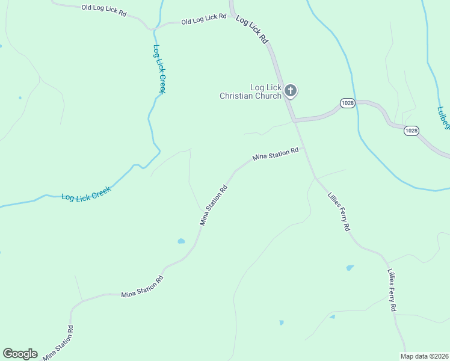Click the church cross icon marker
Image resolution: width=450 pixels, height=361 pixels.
291,91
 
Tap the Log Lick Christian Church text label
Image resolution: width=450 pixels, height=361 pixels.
250,92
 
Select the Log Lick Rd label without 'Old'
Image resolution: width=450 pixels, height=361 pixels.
251,29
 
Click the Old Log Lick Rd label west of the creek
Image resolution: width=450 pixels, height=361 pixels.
103,9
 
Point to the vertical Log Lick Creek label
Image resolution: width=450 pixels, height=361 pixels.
159,69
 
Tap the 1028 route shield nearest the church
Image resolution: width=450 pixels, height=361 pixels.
347,103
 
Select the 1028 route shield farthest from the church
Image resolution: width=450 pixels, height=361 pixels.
411,131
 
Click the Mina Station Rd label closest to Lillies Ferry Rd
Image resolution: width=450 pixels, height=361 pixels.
276,155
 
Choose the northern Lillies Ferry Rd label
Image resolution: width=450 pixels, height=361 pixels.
338,212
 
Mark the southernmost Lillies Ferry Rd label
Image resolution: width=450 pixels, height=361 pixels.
392,289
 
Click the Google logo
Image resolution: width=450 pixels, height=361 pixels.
20,354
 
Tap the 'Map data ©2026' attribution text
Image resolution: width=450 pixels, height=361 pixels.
425,356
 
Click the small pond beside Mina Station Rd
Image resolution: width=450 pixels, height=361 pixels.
181,241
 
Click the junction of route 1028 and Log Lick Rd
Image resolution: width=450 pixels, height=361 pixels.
294,121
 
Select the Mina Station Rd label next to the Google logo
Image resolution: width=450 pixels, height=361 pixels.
58,343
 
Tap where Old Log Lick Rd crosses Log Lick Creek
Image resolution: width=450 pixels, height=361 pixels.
156,27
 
